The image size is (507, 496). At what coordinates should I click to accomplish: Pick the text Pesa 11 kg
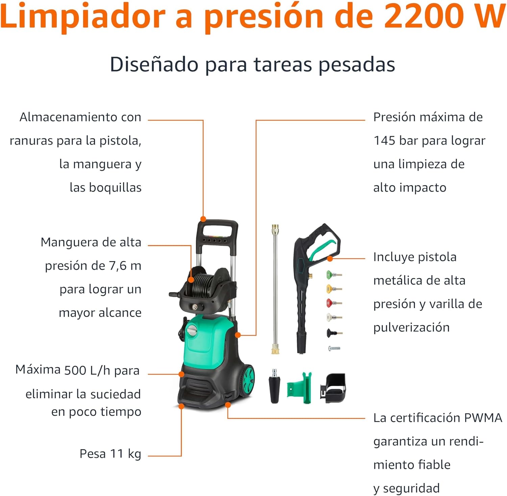tap(110, 453)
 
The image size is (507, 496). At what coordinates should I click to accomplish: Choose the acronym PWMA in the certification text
tap(483, 418)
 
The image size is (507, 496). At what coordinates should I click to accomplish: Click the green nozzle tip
tap(329, 275)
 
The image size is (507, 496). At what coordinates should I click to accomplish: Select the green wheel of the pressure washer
tap(248, 380)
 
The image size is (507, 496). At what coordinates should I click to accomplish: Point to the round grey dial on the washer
tap(192, 330)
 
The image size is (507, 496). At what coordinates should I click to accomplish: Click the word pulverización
tap(411, 327)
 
